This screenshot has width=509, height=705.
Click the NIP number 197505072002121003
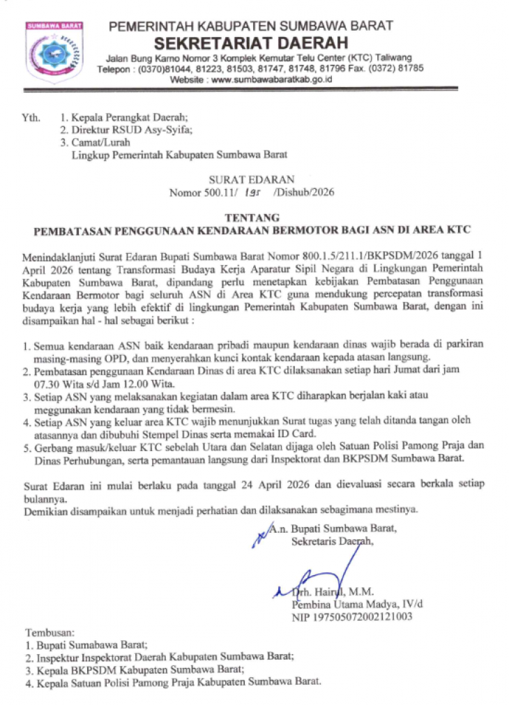coord(352,617)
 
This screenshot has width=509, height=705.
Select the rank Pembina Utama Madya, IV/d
coord(358,605)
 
